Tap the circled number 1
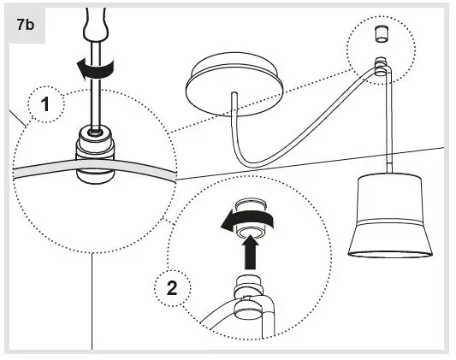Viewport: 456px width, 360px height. click(x=44, y=106)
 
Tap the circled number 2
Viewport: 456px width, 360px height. click(x=172, y=287)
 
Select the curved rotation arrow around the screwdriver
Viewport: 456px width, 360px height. click(x=85, y=69)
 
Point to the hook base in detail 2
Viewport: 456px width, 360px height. click(x=249, y=294)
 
